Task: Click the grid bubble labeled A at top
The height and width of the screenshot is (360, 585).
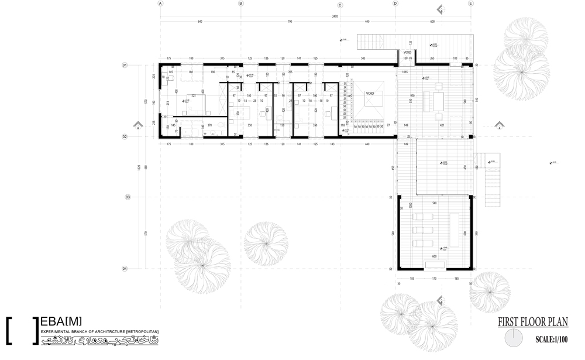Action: pos(160,4)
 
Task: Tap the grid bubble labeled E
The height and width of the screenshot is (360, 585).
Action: pos(470,4)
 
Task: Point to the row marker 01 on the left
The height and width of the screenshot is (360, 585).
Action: pos(125,65)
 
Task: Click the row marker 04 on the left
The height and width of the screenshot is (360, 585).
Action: pos(125,269)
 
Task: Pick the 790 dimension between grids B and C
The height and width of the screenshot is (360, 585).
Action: pos(289,22)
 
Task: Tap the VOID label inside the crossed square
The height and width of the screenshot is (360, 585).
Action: pos(370,93)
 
